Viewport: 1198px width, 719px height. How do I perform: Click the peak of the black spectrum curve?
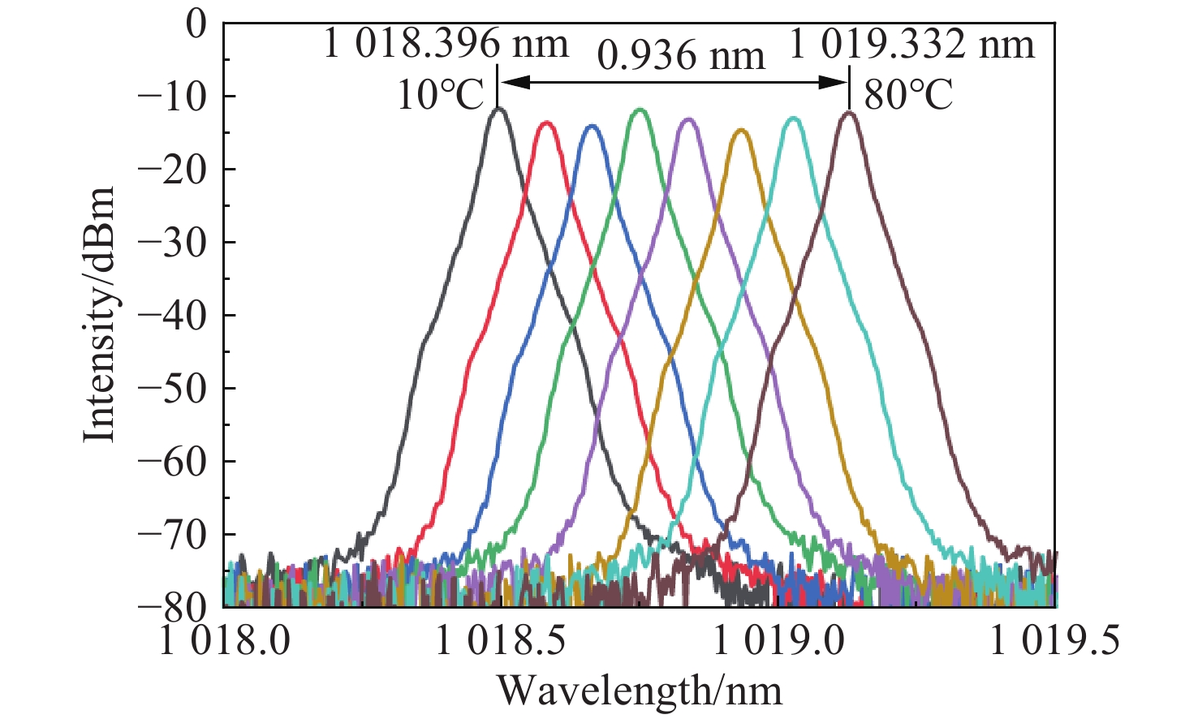[x=498, y=108]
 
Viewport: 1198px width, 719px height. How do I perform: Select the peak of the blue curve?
[x=592, y=126]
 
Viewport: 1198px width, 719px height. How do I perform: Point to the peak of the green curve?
[x=640, y=109]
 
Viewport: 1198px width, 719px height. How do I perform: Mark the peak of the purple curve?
[x=688, y=119]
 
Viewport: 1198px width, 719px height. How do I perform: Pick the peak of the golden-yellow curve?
[x=741, y=129]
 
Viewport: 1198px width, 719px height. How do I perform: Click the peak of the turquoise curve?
[x=792, y=118]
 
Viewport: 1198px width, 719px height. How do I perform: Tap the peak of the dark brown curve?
[x=849, y=113]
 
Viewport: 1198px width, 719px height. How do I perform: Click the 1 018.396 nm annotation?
[x=446, y=43]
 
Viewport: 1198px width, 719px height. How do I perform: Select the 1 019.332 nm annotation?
[x=911, y=43]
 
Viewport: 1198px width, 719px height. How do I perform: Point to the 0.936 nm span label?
[x=681, y=56]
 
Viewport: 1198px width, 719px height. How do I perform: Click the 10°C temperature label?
[x=440, y=96]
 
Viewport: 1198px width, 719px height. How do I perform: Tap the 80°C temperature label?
[x=908, y=96]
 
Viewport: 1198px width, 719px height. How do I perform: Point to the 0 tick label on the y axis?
[x=196, y=24]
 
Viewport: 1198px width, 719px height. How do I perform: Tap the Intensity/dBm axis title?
[x=99, y=315]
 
